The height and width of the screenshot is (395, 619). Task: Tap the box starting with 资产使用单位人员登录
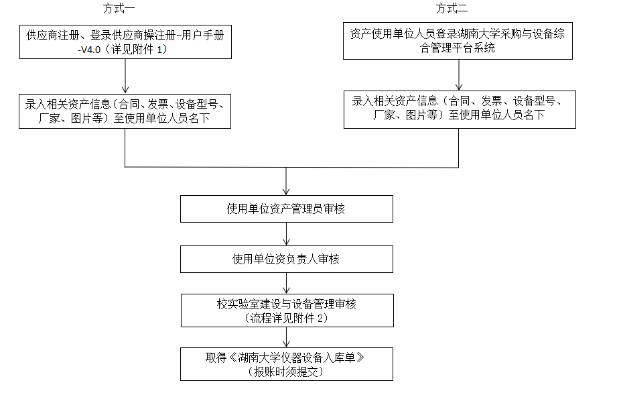click(458, 41)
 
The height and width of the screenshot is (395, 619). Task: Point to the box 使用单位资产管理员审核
click(286, 209)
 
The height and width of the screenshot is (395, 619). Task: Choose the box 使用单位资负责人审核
click(286, 259)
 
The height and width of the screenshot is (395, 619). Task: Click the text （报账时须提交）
click(286, 371)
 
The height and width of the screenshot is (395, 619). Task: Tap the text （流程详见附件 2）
click(286, 319)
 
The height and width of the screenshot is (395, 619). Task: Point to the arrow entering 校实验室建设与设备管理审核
click(286, 283)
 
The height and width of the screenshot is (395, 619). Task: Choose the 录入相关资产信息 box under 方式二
click(459, 109)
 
